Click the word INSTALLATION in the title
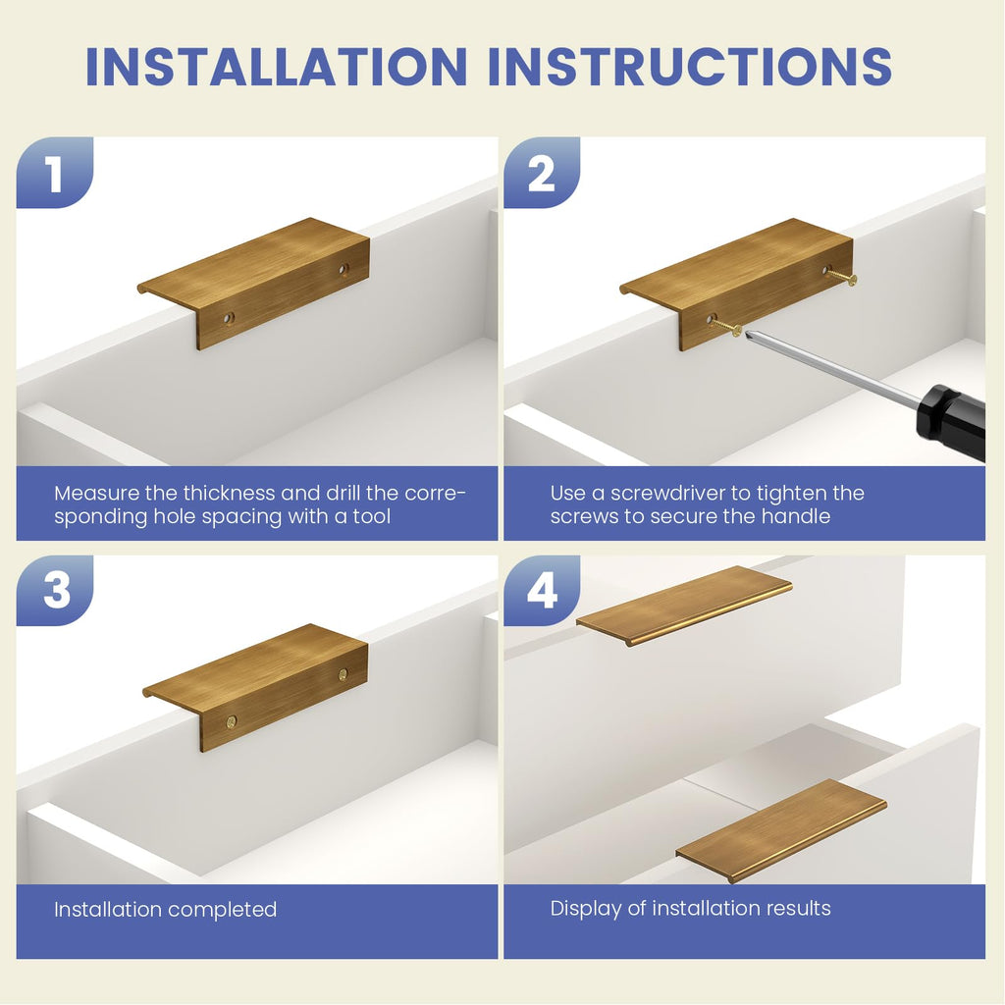click(277, 66)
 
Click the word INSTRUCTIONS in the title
click(690, 66)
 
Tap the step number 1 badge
click(55, 172)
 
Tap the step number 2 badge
click(542, 172)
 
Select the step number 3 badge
click(55, 590)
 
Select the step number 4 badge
click(542, 590)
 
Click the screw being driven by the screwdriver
click(725, 326)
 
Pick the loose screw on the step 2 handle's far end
click(841, 276)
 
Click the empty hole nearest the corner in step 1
click(229, 318)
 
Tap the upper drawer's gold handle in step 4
click(684, 605)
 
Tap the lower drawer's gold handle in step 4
click(781, 830)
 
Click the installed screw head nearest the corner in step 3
click(232, 722)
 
